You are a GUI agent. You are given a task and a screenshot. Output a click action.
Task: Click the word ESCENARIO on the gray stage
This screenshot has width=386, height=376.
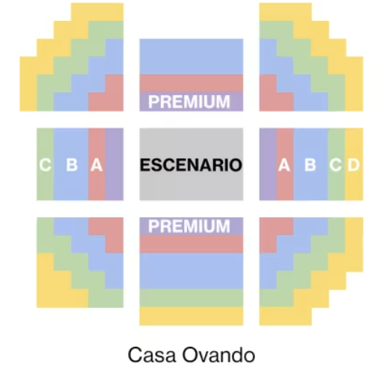tap(191, 165)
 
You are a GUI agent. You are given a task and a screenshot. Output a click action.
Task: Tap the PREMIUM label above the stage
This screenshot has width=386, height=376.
tap(189, 102)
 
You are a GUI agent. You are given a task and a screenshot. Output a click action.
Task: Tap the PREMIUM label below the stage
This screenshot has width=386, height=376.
tap(189, 226)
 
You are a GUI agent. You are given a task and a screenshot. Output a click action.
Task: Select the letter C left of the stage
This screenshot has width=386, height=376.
tap(46, 165)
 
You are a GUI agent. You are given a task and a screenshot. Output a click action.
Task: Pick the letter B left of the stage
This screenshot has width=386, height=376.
tap(72, 165)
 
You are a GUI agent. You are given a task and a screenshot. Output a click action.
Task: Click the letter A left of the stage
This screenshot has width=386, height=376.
tap(96, 165)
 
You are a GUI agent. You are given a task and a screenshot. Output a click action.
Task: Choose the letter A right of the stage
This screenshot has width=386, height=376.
tap(284, 165)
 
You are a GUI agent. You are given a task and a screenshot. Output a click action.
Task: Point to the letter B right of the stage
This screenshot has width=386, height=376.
tap(310, 165)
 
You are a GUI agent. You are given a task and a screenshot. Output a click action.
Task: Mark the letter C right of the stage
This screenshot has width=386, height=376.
tap(336, 165)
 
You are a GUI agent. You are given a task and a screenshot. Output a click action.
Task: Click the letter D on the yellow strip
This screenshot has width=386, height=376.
tap(354, 165)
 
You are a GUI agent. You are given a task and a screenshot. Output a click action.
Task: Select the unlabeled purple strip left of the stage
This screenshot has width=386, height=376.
tap(114, 164)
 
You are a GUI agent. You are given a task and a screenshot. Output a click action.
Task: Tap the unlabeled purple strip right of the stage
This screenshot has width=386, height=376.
tap(268, 164)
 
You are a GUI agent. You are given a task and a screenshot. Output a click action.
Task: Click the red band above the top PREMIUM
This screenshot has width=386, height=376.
tap(192, 83)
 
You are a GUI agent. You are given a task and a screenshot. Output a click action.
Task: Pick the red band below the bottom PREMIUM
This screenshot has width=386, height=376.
tap(192, 244)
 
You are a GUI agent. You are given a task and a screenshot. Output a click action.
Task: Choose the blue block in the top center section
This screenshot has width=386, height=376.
tap(192, 57)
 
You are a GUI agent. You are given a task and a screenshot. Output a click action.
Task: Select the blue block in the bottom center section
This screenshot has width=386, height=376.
tap(192, 271)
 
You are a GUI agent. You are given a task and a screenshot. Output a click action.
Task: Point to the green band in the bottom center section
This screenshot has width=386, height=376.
tap(192, 298)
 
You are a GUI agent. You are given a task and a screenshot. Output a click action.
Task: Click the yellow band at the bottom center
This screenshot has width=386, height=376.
tap(192, 316)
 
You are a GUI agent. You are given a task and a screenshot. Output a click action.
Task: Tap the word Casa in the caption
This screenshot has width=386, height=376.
tap(152, 355)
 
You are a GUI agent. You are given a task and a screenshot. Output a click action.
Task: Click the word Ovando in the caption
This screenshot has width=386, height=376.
tap(218, 355)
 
